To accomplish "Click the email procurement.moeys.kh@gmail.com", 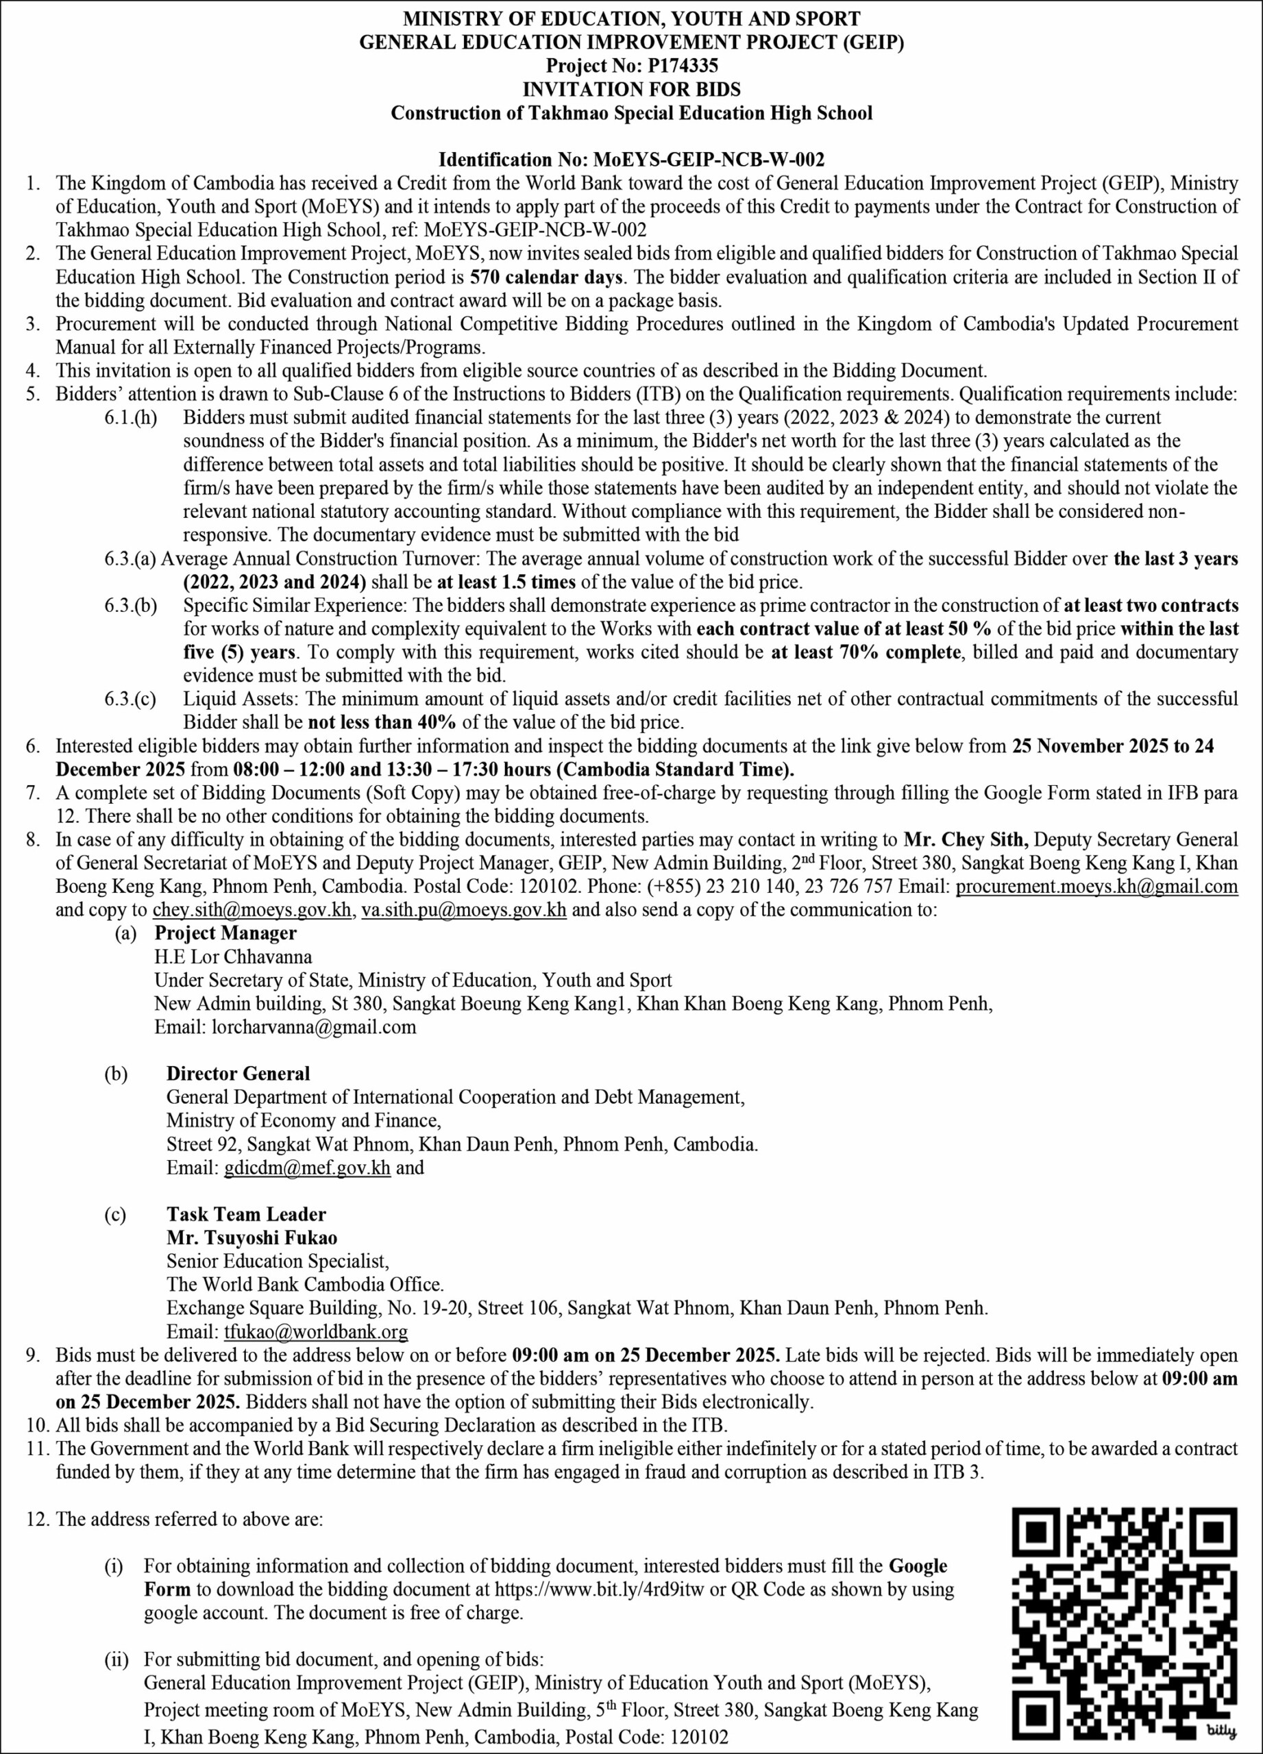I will (x=1096, y=887).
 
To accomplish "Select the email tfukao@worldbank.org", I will (x=315, y=1332).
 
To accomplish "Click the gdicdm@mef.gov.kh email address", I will (x=307, y=1167).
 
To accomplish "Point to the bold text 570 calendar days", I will (x=547, y=277).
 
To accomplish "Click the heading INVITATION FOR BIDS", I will (x=631, y=89).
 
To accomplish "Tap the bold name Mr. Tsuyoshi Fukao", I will (x=252, y=1237).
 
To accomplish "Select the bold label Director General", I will (x=238, y=1074).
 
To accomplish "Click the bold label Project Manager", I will (x=226, y=932).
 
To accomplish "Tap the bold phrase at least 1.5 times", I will (x=506, y=582).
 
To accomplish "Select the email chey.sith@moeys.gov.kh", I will (x=252, y=909).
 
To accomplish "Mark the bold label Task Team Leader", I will (x=246, y=1214).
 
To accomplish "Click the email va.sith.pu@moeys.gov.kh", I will (x=464, y=909).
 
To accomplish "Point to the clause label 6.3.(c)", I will (x=130, y=699).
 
